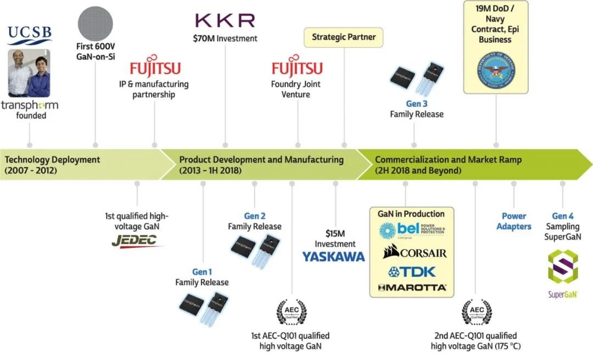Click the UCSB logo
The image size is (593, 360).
[x=30, y=35]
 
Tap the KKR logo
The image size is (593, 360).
[x=225, y=21]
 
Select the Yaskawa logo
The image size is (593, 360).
[x=333, y=256]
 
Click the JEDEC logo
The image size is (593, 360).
[x=134, y=241]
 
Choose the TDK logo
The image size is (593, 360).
[x=411, y=271]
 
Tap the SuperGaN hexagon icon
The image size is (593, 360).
[x=563, y=268]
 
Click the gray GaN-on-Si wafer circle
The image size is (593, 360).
[x=96, y=19]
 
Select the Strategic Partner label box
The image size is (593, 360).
[x=343, y=37]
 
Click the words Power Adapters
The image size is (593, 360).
[x=514, y=221]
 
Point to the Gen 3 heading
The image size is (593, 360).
[x=417, y=104]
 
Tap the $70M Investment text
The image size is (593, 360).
[x=225, y=38]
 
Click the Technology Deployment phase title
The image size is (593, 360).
[x=53, y=160]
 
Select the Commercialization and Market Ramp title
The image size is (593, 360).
[x=448, y=160]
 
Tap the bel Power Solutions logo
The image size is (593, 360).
[x=411, y=230]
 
